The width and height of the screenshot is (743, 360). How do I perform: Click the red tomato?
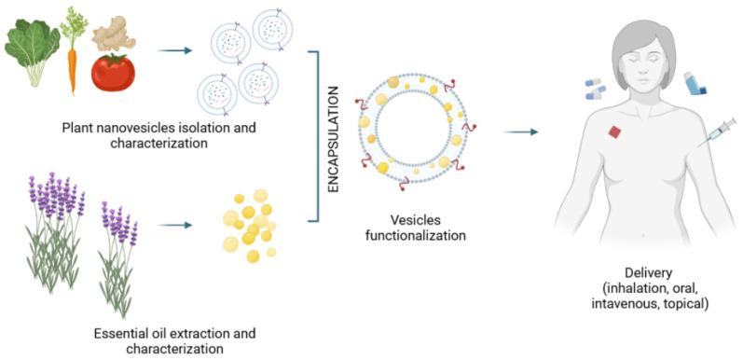point(114,73)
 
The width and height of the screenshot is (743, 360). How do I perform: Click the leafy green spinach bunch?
point(31,47)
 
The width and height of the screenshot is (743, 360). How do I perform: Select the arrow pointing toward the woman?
point(522,131)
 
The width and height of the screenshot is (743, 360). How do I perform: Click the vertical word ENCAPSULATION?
point(334,140)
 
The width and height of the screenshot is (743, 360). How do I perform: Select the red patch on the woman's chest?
point(613,132)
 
